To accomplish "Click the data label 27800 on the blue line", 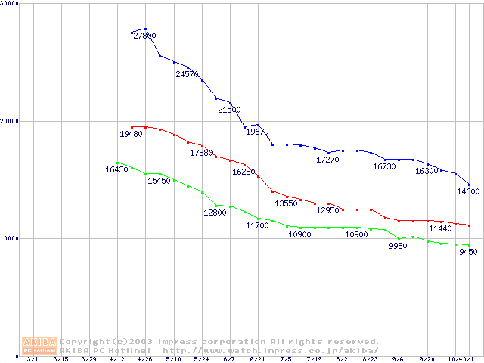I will [144, 36].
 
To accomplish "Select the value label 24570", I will [187, 74].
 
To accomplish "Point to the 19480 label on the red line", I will [131, 134].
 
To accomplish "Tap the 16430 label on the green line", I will [116, 169].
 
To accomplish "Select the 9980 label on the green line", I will [399, 246].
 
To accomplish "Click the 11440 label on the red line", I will [440, 228].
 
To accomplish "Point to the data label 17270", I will [327, 160].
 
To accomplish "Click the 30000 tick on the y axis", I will [10, 4].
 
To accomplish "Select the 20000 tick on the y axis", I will [10, 121].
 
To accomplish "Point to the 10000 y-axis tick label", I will [10, 238].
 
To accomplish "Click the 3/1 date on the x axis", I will [32, 359].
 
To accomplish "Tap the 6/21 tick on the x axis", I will [257, 359].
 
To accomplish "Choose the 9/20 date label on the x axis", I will [427, 359].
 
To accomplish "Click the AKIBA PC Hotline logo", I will [39, 346].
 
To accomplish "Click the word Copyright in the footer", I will [84, 342].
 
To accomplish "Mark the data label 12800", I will [215, 213].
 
